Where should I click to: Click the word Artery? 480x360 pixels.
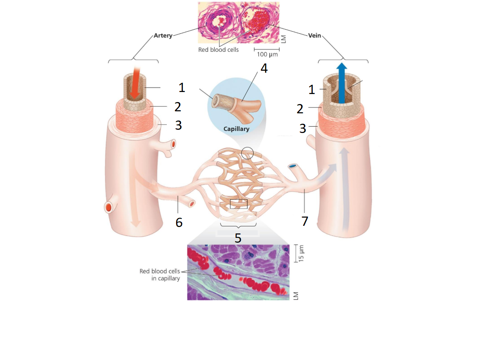click(163, 36)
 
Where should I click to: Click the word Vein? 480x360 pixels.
click(314, 35)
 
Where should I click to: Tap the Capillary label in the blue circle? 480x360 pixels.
click(237, 129)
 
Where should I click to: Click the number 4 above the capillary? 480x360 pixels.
click(264, 68)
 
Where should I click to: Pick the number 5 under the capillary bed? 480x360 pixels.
click(238, 238)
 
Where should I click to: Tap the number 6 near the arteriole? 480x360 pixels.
click(179, 221)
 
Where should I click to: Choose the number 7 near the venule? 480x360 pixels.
click(305, 221)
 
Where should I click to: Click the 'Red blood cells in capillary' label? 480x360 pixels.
click(160, 275)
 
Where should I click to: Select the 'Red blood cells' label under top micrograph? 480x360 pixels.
click(218, 50)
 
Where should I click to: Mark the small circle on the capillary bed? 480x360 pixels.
click(248, 153)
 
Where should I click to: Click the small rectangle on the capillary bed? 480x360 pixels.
click(238, 204)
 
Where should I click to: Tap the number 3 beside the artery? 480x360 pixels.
click(178, 125)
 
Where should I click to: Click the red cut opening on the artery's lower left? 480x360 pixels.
click(109, 207)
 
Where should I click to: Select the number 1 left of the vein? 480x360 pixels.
click(312, 89)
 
